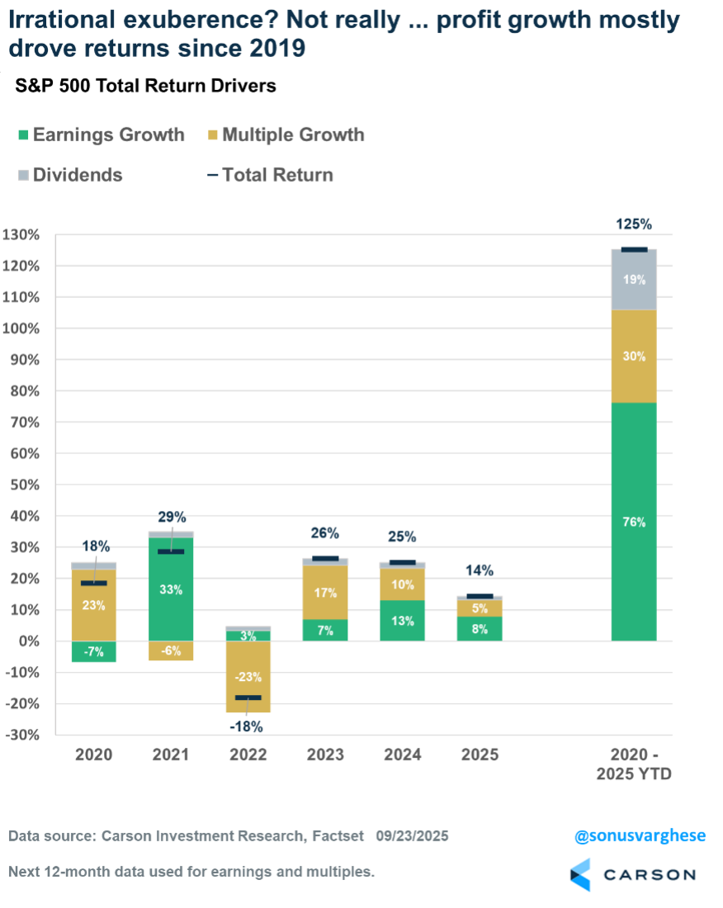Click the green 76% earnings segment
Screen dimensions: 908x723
point(634,522)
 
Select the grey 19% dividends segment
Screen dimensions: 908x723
point(634,280)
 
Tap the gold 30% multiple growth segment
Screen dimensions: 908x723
point(634,356)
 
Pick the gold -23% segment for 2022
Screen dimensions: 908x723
point(248,677)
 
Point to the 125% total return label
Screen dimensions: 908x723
point(634,225)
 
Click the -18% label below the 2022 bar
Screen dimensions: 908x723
point(246,726)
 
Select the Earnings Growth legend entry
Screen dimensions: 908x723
point(99,135)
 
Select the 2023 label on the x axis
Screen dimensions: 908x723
point(326,754)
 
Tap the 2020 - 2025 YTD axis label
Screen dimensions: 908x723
point(634,764)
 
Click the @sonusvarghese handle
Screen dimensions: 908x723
point(640,835)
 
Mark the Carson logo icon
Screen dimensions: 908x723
point(582,875)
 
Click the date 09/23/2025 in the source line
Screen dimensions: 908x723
point(412,836)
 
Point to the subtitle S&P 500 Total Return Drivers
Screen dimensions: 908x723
point(146,85)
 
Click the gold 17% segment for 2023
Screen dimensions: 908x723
point(326,593)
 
